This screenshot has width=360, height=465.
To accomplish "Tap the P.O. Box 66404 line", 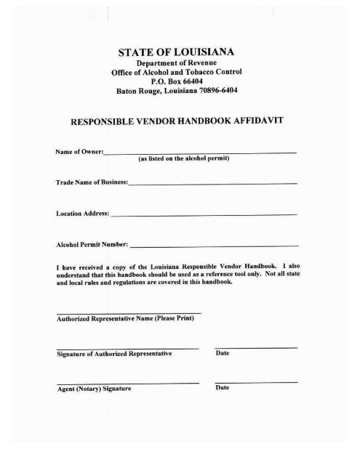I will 180,83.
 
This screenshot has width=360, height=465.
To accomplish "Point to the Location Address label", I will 83,215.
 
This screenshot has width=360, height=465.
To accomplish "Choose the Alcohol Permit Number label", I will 91,245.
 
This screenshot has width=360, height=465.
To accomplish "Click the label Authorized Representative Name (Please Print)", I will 125,319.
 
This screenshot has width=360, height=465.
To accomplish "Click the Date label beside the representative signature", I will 223,354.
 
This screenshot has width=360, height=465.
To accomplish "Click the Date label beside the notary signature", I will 223,388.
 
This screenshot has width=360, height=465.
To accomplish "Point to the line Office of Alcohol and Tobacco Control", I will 180,73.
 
